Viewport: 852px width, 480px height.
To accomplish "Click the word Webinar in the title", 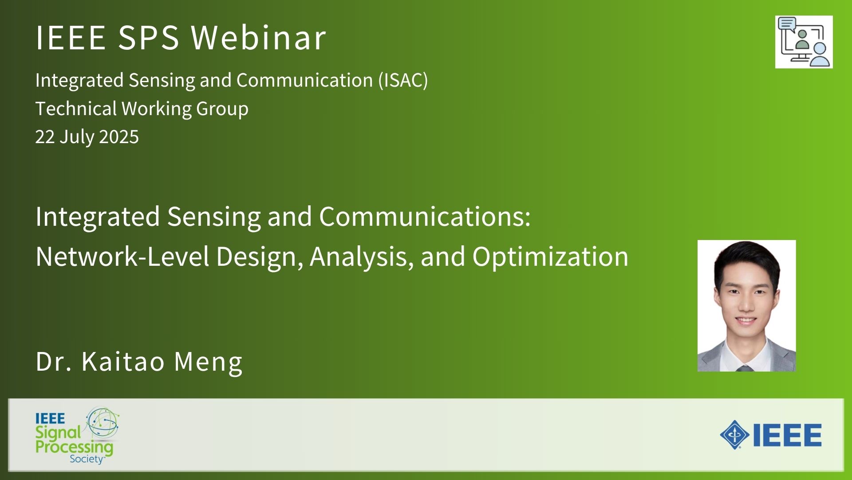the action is (259, 37).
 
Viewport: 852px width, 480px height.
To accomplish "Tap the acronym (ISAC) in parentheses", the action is (403, 80).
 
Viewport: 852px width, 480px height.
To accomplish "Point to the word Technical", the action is (76, 108).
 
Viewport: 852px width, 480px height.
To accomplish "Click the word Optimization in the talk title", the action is (550, 257).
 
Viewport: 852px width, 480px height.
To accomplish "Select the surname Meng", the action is (208, 362).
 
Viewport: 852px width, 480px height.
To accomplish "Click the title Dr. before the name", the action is (53, 361).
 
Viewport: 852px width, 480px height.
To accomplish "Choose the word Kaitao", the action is (123, 361).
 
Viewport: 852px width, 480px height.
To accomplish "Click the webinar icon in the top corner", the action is (804, 42).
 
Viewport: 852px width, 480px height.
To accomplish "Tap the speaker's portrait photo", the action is (746, 306).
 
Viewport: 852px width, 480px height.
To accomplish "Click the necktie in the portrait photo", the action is (745, 368).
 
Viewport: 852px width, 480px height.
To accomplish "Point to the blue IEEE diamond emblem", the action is (734, 435).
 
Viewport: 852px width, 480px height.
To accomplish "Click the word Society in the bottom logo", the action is (87, 459).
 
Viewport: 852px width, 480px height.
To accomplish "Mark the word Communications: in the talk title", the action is (425, 217).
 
